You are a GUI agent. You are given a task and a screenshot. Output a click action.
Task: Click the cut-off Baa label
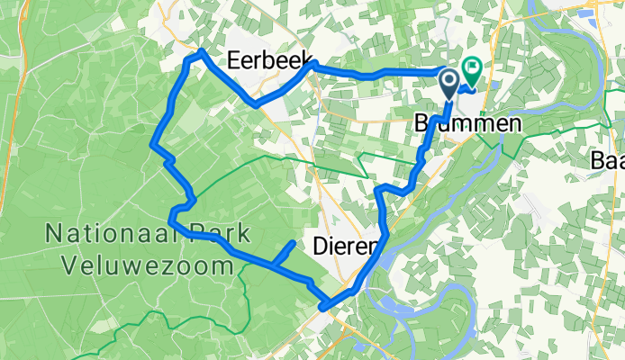(x=609, y=162)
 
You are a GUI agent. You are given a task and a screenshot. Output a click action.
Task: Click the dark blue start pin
(x=449, y=84)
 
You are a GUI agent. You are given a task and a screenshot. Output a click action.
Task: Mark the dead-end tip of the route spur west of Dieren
(x=293, y=243)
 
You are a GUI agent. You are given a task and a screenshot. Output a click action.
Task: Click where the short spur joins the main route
(x=274, y=265)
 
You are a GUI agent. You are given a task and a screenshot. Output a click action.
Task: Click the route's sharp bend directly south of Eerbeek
(x=257, y=104)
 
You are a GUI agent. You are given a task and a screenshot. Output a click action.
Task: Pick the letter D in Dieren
(x=321, y=244)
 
